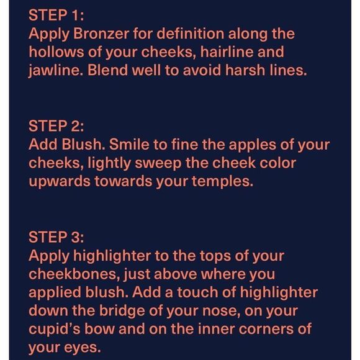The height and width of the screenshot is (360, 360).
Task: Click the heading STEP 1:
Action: (x=56, y=15)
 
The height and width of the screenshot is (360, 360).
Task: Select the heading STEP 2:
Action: (x=56, y=126)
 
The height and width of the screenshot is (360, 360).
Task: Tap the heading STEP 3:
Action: (x=56, y=237)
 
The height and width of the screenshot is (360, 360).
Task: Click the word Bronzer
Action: (x=101, y=34)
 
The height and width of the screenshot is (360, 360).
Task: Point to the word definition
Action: (x=191, y=34)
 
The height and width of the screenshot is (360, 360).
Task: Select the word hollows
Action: (x=56, y=52)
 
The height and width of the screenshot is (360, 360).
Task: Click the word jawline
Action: (x=56, y=71)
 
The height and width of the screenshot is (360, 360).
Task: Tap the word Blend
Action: (x=107, y=70)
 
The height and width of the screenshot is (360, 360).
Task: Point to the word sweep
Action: (x=158, y=164)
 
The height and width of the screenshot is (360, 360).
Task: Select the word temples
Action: (x=222, y=182)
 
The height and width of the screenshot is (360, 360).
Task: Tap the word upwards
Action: (x=60, y=182)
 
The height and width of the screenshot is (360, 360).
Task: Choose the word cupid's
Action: (x=55, y=330)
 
